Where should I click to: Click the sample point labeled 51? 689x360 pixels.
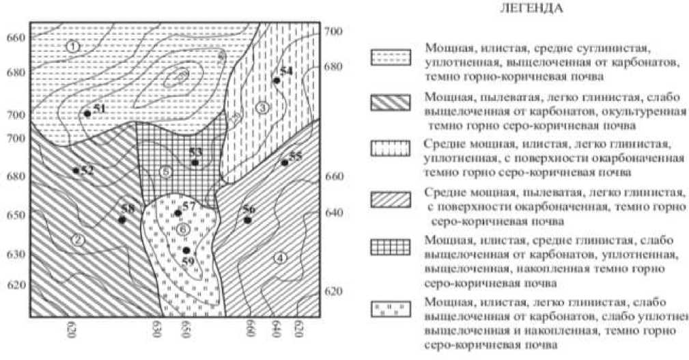(87, 113)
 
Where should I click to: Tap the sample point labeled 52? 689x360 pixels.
(76, 170)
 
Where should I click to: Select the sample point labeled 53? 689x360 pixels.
(195, 163)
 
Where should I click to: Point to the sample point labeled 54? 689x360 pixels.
(277, 81)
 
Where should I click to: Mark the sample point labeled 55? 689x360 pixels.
(284, 163)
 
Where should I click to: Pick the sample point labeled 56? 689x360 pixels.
(248, 220)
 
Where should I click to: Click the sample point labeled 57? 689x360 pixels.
(178, 212)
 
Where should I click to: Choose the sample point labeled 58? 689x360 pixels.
(122, 220)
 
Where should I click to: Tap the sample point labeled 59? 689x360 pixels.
(186, 250)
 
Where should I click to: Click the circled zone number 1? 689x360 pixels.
(74, 46)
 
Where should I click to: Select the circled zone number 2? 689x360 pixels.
(78, 239)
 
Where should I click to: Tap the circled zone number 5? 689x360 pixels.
(165, 171)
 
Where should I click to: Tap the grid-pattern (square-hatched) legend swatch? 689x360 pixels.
(391, 246)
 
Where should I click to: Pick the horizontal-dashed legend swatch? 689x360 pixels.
(391, 57)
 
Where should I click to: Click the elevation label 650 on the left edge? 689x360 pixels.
(15, 215)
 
